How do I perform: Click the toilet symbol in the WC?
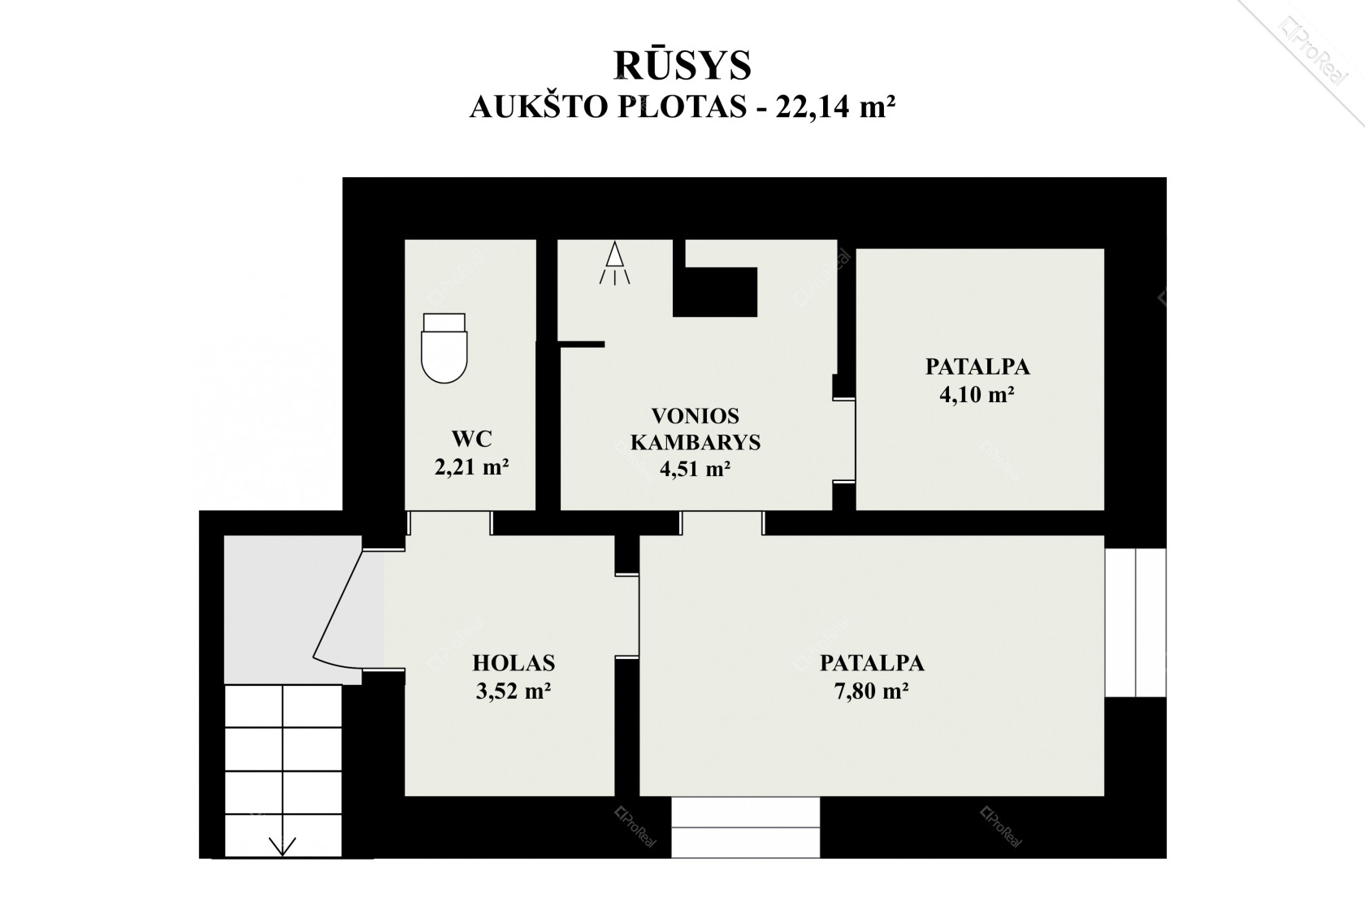point(444,348)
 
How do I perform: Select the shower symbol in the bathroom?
point(614,263)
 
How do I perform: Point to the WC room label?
point(471,439)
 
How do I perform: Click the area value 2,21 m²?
point(471,467)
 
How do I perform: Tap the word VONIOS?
point(695,416)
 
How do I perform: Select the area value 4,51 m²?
point(695,470)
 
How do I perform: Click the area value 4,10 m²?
point(977,395)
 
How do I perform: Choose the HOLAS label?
point(513,662)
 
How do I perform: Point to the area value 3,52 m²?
point(513,691)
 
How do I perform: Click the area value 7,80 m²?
point(872,691)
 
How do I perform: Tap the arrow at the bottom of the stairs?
point(283,846)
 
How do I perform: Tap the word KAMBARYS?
point(695,443)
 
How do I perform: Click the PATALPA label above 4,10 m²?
point(977,367)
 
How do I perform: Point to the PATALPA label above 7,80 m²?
point(872,663)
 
